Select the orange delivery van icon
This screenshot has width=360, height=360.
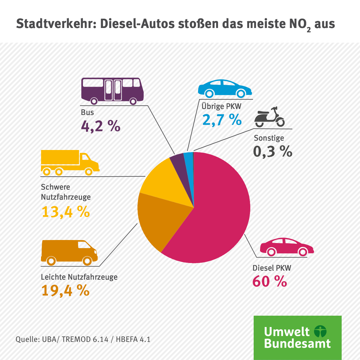69,251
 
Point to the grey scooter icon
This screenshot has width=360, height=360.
269,117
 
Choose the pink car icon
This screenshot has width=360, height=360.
287,247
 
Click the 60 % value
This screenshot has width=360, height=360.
270,282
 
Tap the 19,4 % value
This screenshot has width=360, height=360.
65,290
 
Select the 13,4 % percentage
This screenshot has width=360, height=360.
65,212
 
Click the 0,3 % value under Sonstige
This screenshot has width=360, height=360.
273,152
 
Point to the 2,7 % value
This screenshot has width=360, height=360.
222,120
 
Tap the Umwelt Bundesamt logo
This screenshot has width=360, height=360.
297,337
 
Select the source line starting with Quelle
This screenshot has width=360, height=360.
83,340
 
